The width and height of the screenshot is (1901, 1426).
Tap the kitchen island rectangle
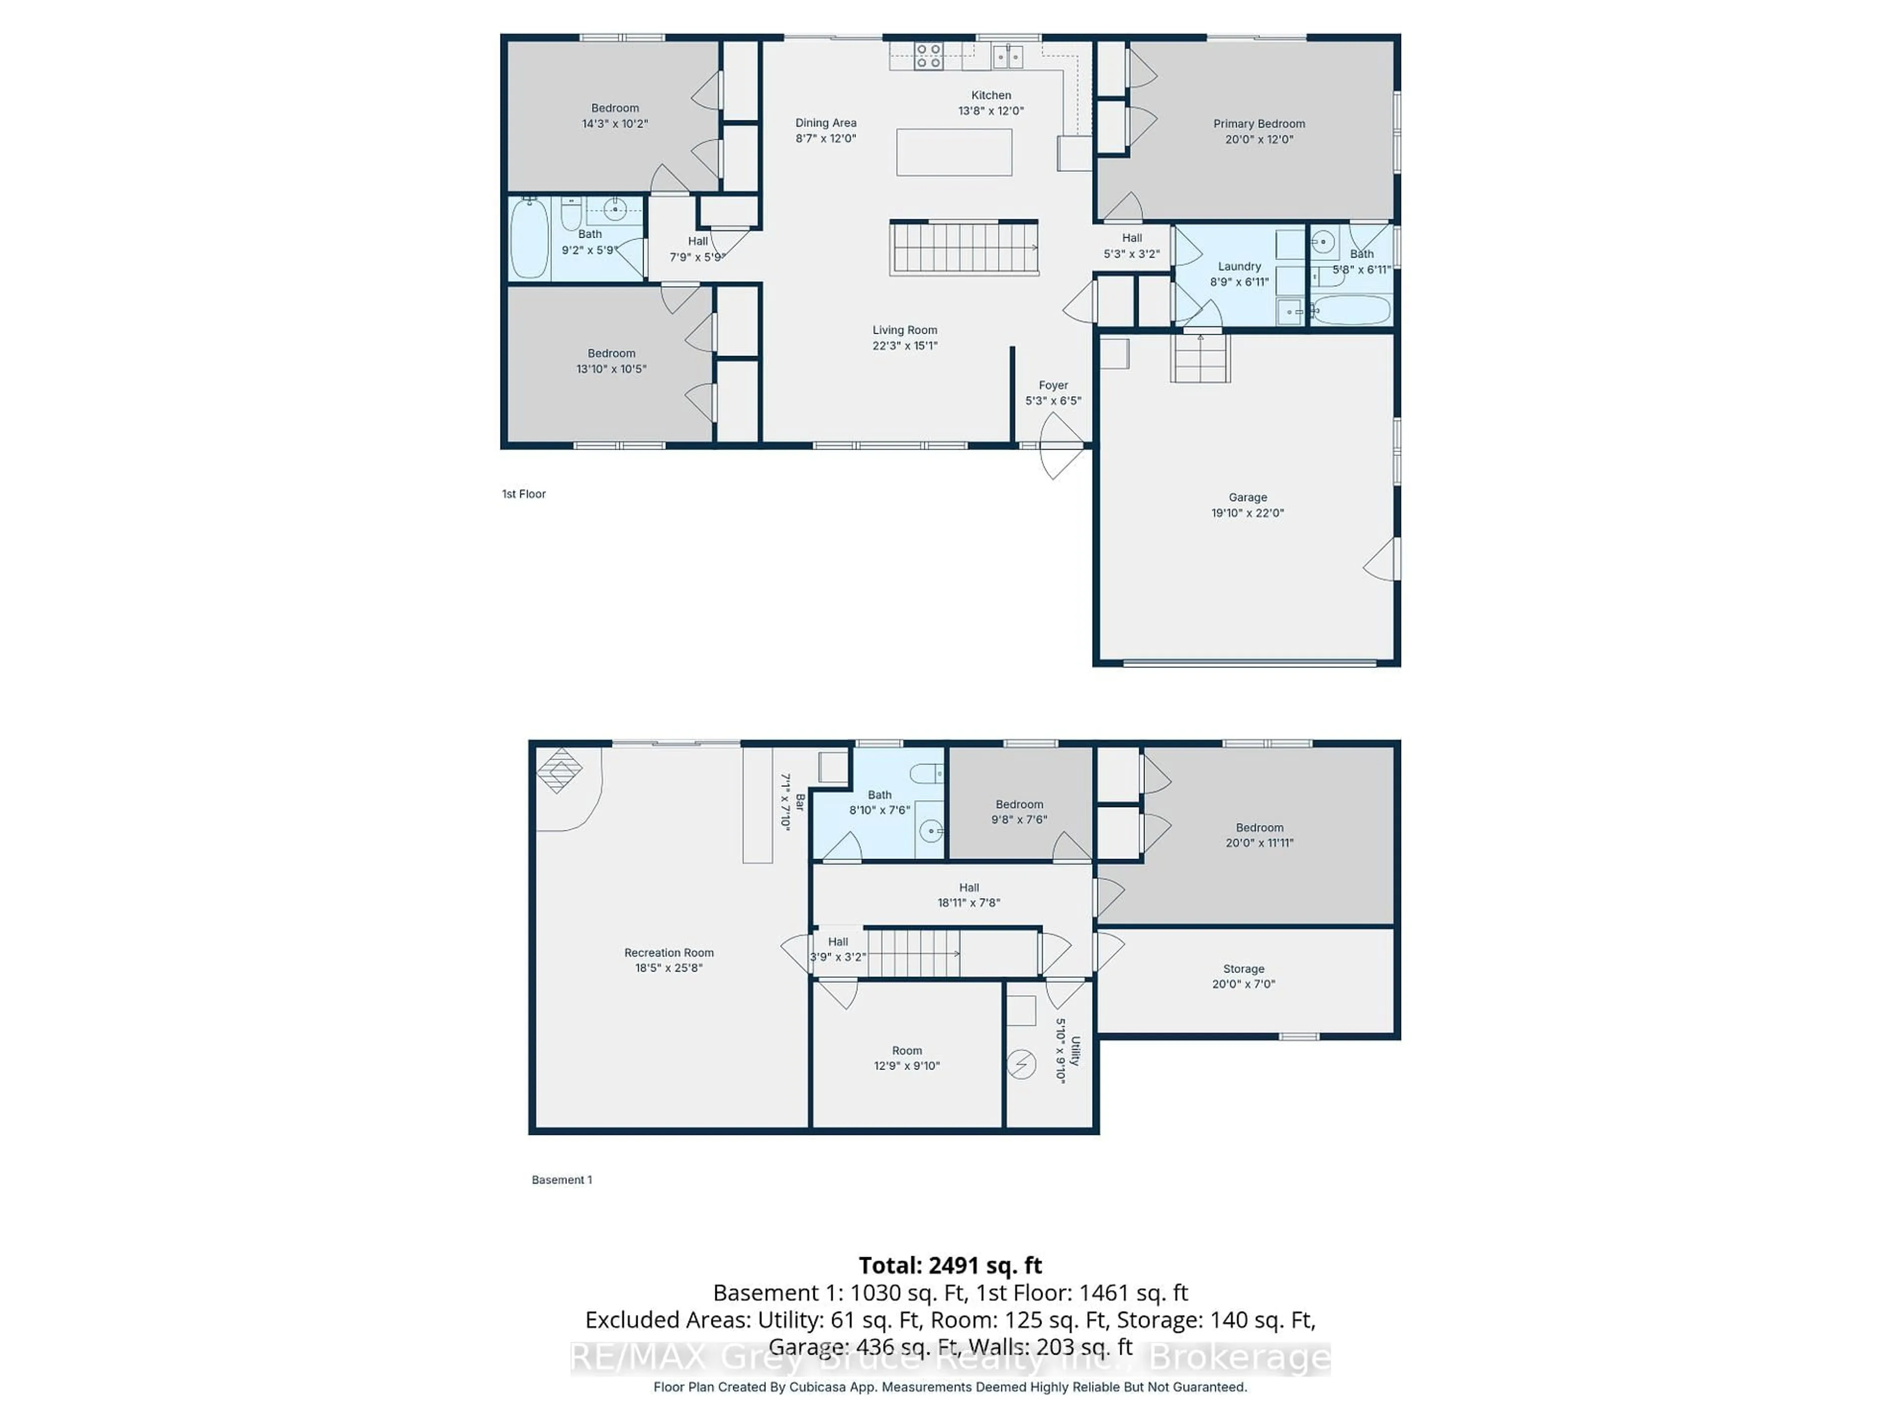point(954,152)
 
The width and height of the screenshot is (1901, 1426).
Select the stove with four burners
point(928,56)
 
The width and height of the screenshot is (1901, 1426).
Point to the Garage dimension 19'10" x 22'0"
point(1247,513)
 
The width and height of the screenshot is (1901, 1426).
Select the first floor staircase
point(964,248)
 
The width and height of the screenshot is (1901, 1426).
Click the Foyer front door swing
point(1059,445)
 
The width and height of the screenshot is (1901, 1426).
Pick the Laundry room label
point(1239,266)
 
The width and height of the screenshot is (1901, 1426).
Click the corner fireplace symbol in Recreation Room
point(559,769)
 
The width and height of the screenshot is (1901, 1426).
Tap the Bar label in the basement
point(799,801)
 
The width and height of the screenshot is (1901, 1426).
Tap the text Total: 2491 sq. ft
point(950,1265)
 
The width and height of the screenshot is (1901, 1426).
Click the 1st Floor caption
point(523,494)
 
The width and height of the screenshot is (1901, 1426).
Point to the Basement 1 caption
point(561,1179)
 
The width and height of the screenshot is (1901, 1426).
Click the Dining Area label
point(825,123)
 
